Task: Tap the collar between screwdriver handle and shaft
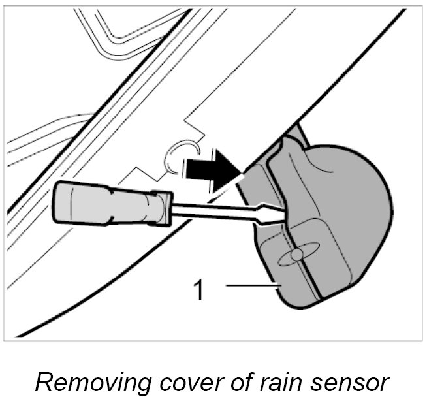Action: point(161,208)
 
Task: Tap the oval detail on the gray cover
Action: point(298,255)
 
